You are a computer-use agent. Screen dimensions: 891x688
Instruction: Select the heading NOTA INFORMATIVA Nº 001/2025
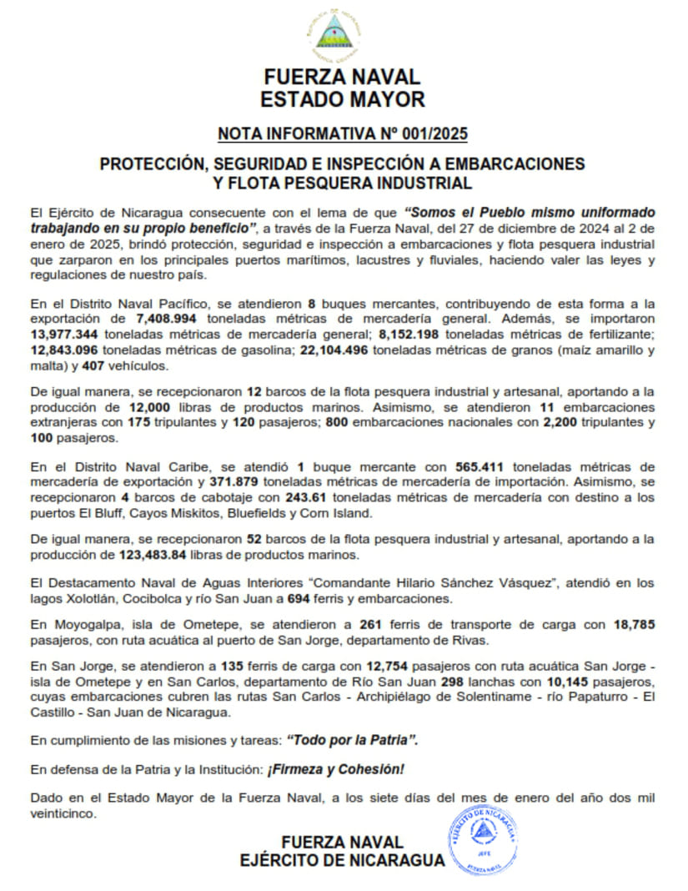343,133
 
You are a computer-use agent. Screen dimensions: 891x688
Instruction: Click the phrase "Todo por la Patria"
351,740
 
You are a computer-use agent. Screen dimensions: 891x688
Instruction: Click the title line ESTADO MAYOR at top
343,99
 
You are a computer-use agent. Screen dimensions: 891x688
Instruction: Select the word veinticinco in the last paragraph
63,813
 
